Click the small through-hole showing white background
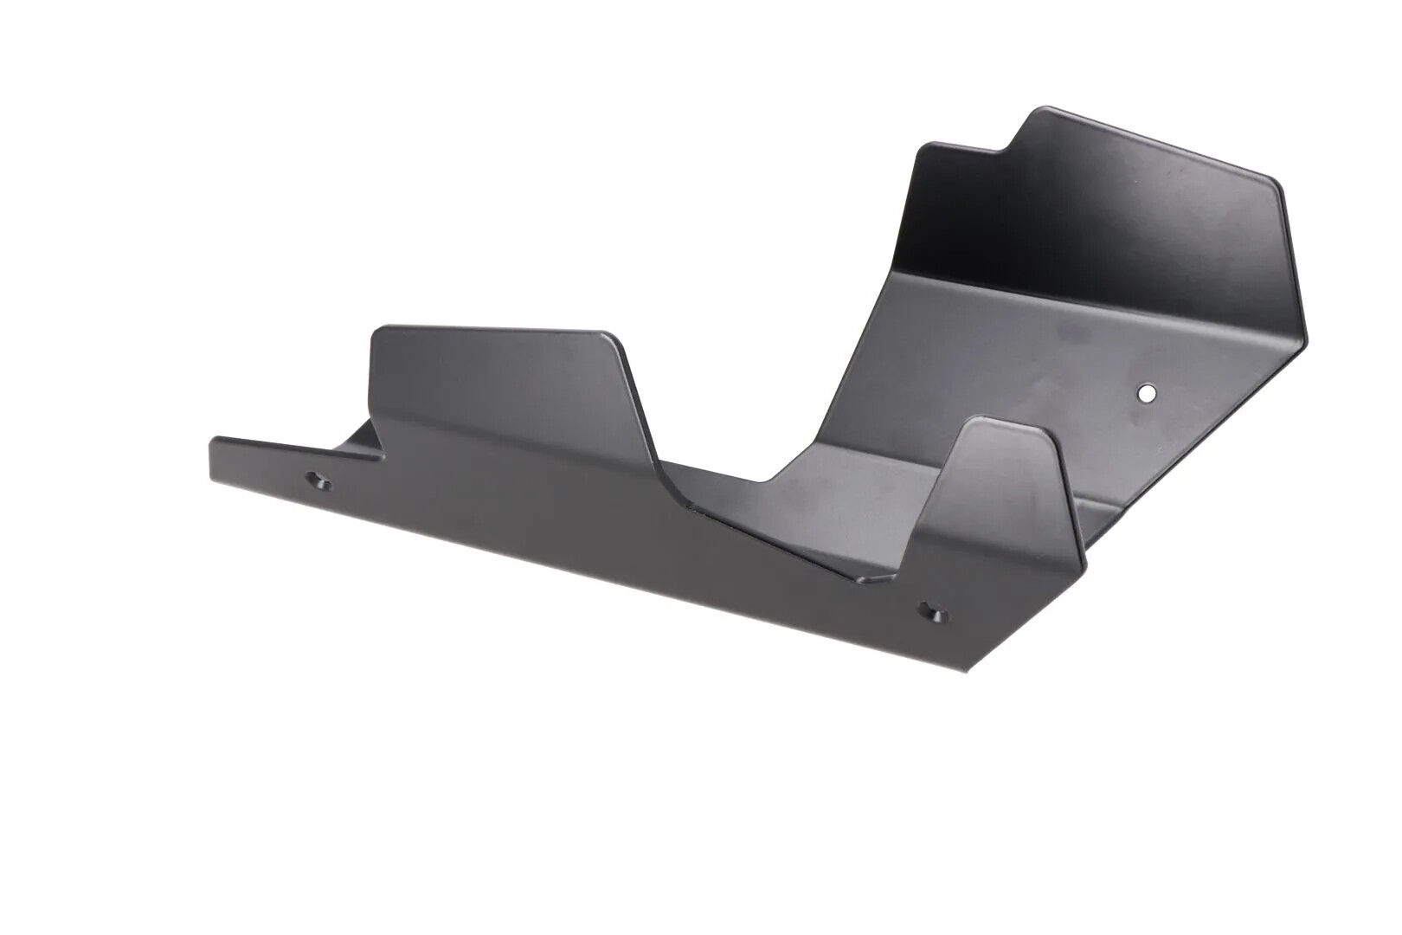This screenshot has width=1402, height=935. pyautogui.click(x=1147, y=393)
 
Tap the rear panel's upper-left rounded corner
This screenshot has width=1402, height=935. pyautogui.click(x=924, y=150)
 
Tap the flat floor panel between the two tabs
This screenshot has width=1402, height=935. pyautogui.click(x=831, y=511)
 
